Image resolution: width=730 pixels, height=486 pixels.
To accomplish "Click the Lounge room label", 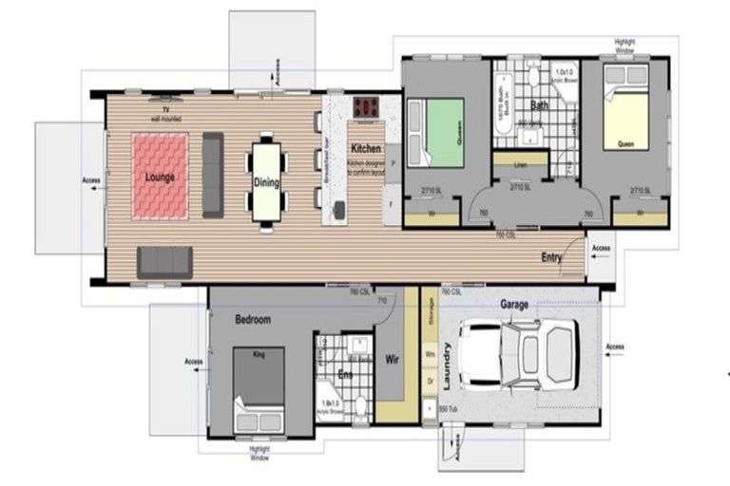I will (159, 178).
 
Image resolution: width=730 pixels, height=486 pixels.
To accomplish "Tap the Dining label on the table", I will (266, 183).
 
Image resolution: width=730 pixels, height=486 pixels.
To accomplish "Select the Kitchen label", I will (366, 150).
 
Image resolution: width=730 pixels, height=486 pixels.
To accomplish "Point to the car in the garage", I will (519, 354).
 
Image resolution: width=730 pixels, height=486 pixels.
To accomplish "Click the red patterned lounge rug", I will (159, 177).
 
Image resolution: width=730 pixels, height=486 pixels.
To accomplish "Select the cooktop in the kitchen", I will (367, 107).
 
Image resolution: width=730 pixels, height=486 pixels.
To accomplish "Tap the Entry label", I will (551, 257).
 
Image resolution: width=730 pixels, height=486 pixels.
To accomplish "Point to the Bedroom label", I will (253, 320).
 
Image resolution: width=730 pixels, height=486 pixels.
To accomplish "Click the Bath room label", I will (539, 106).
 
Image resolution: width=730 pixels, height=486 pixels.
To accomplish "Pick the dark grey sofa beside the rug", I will (213, 176).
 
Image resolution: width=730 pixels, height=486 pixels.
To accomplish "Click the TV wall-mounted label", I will (165, 114).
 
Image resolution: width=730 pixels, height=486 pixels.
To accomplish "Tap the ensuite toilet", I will (360, 405).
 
